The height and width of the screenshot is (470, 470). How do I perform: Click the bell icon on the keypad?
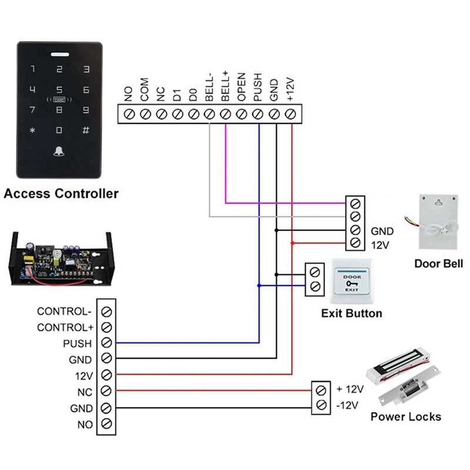point(59,152)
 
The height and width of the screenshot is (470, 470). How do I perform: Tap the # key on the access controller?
point(86,130)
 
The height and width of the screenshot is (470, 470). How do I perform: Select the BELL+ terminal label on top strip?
point(225,86)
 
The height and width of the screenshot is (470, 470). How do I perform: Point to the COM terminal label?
point(145,90)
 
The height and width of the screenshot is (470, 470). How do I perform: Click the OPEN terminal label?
point(241,90)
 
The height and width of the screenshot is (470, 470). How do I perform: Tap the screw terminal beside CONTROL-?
point(106,311)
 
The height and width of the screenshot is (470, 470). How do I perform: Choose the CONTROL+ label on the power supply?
point(65,327)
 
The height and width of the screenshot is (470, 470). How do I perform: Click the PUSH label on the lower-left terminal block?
point(78,344)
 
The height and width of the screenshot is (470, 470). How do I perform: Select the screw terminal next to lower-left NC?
point(106,391)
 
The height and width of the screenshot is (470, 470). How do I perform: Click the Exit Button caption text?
point(351,313)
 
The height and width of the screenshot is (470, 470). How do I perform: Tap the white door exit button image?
point(352,280)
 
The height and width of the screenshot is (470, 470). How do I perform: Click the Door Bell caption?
point(438,264)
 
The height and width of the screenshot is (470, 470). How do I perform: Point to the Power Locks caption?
point(405,417)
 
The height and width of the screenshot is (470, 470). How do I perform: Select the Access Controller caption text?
point(61,193)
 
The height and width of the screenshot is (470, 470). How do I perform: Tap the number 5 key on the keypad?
point(59,90)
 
